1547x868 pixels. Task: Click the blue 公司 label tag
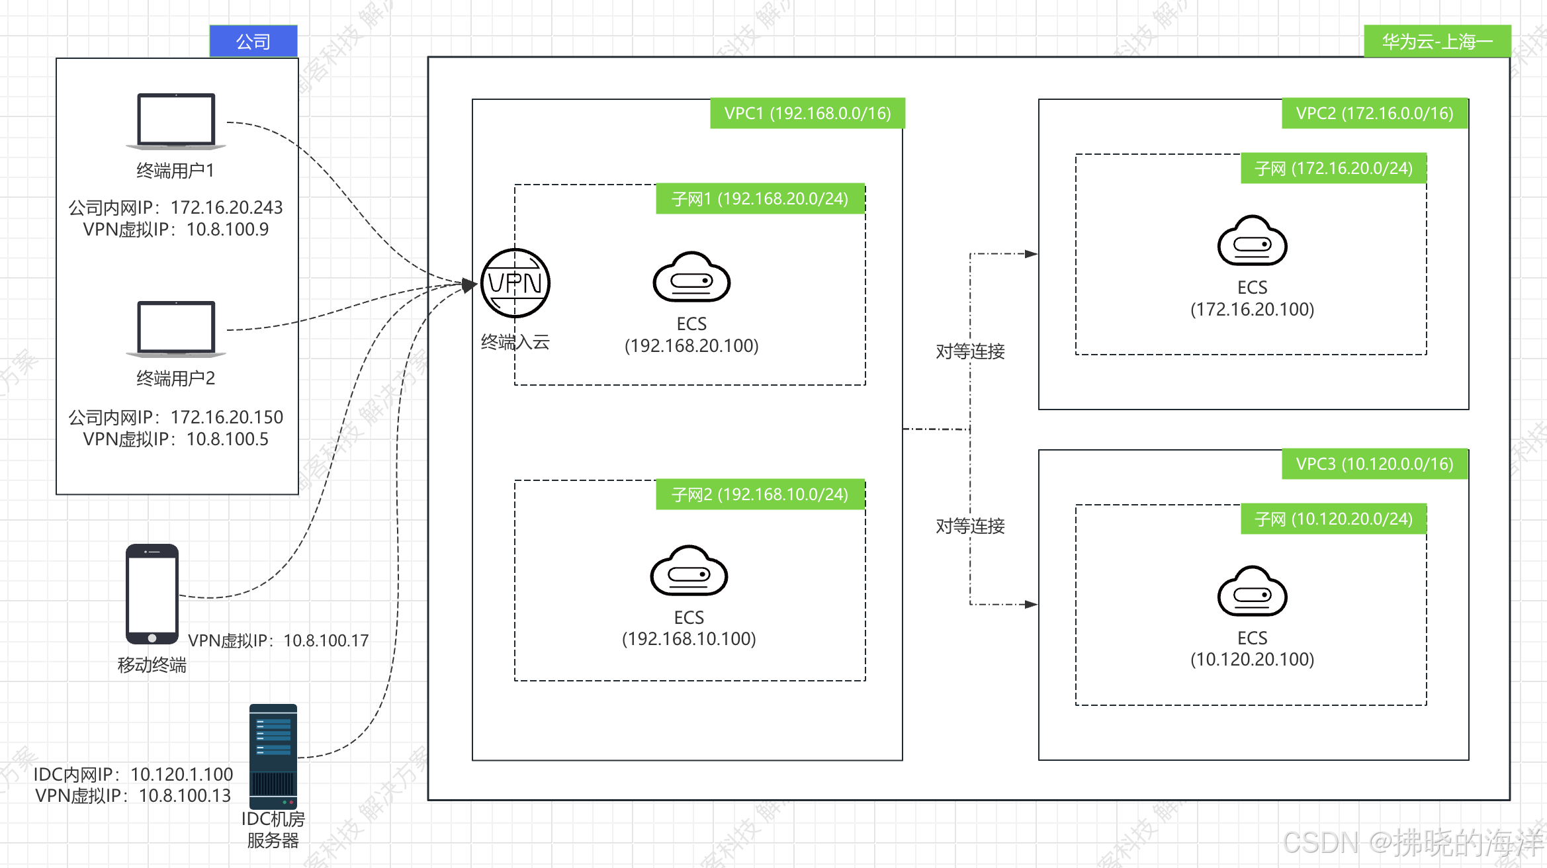coord(253,42)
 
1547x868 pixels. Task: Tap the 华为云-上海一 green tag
coord(1437,42)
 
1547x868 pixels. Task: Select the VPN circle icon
coord(515,283)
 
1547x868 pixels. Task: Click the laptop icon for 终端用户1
coord(176,121)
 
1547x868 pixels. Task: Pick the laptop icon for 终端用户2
coord(176,329)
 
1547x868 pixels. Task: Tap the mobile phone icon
coord(152,593)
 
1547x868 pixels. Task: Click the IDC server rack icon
coord(273,756)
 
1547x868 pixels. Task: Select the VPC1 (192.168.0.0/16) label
coord(807,113)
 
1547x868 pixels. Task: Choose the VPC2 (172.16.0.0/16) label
coord(1374,113)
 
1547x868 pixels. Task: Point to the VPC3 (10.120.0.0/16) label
coord(1374,464)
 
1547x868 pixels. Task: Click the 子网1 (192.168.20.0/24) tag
coord(760,198)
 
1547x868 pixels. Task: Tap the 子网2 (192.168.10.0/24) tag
coord(760,494)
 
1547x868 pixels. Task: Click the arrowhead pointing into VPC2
coord(1031,253)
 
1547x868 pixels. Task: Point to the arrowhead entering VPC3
coord(1031,604)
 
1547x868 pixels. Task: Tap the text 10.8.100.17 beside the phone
coord(326,640)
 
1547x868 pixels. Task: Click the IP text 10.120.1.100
coord(181,774)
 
